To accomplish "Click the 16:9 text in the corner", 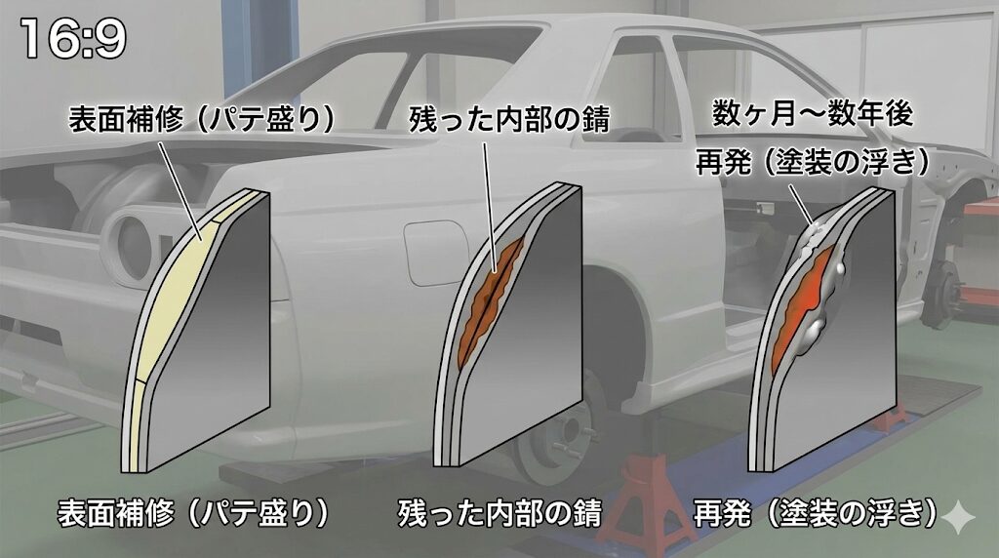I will click(x=72, y=38).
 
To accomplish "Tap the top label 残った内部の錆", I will click(x=508, y=120).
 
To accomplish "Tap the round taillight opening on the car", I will click(x=131, y=234).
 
